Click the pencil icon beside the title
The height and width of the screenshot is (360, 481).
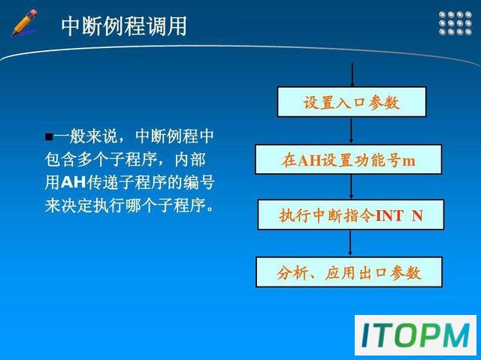(25, 22)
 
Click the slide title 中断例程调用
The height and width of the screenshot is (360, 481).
(124, 26)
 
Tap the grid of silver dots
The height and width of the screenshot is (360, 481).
(455, 23)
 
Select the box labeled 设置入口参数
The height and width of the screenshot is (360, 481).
(352, 102)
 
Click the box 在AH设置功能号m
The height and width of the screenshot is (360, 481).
(349, 160)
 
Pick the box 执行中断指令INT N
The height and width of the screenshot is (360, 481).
(351, 215)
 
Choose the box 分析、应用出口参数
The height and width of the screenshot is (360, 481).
(349, 272)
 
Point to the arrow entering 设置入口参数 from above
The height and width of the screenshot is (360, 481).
(352, 75)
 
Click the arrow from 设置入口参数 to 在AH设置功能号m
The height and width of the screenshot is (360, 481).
(352, 130)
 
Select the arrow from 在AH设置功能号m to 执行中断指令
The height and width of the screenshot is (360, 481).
(352, 187)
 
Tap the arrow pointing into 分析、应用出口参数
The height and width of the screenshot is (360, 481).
(350, 243)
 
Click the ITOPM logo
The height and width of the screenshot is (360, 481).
(416, 335)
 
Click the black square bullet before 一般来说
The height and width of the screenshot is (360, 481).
(49, 136)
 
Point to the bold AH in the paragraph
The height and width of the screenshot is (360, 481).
(74, 183)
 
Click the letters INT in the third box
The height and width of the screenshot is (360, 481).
(389, 215)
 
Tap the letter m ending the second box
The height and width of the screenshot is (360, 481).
(409, 160)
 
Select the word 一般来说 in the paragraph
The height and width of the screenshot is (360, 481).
(86, 136)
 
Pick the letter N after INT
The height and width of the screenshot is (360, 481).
(418, 215)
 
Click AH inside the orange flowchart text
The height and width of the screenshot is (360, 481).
(310, 160)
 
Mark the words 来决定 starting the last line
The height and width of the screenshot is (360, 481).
(68, 205)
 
